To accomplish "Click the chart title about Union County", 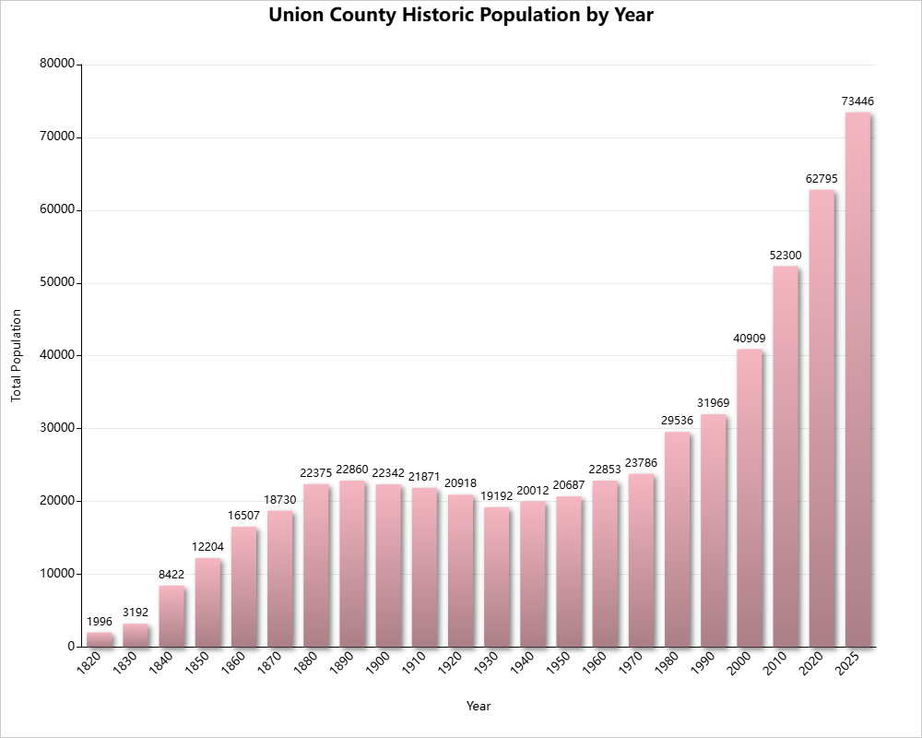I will [461, 16].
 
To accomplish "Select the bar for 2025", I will [857, 378].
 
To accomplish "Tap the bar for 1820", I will [100, 639].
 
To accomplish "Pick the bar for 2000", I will [750, 498].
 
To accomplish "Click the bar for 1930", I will [496, 577].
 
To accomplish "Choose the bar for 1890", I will [352, 564].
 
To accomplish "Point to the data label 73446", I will [857, 101].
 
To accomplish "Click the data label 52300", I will [786, 255].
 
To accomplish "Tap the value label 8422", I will [171, 574].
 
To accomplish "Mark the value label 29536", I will [677, 421].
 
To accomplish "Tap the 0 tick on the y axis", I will [70, 647].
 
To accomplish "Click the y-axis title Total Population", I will [16, 355].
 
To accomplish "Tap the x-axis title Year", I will [479, 707].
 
